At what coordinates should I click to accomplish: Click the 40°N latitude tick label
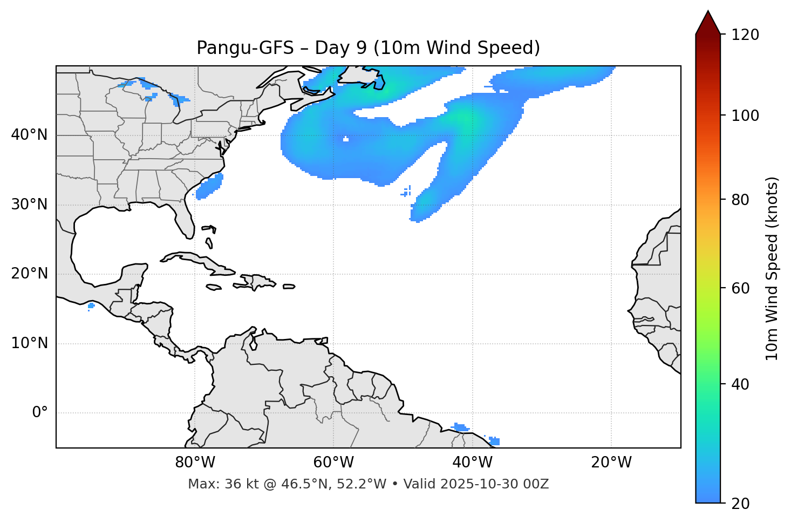tap(29, 135)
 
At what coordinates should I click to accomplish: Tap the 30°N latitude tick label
tap(29, 205)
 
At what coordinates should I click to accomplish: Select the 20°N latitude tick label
tap(29, 274)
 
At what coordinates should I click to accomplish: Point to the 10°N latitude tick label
tap(29, 343)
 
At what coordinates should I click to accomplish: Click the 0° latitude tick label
tap(40, 413)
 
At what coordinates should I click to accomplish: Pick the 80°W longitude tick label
tap(195, 463)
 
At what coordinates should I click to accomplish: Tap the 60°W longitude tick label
tap(333, 463)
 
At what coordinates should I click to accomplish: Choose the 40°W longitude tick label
tap(472, 463)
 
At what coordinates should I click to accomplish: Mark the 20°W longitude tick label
tap(611, 463)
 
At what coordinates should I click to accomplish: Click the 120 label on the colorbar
tap(745, 35)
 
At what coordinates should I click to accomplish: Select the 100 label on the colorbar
tap(745, 116)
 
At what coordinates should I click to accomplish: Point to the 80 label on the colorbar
tap(740, 200)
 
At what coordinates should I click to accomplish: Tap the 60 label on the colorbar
tap(740, 288)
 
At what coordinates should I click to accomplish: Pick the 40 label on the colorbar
tap(740, 384)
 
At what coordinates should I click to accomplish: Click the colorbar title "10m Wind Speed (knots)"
tap(772, 268)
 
